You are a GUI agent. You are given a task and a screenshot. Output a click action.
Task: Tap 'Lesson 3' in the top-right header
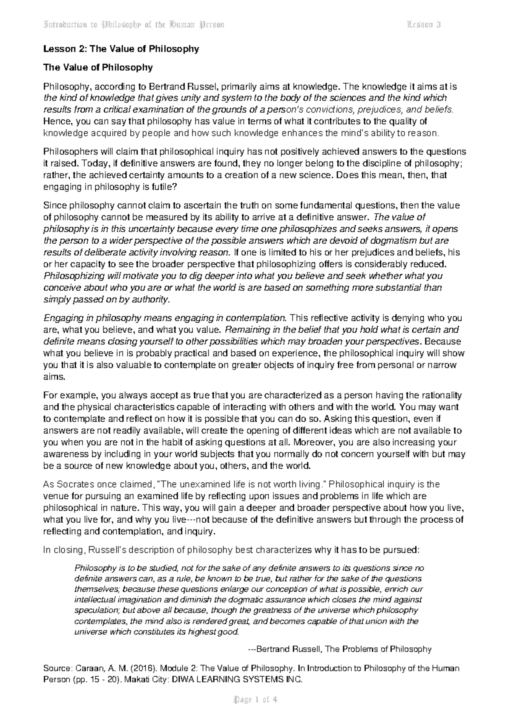pos(423,24)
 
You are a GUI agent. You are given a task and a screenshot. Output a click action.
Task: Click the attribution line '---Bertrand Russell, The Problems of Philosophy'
pos(340,649)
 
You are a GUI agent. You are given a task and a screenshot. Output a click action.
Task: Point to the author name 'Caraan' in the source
pos(83,668)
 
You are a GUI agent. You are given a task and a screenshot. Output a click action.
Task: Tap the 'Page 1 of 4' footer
pos(255,700)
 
